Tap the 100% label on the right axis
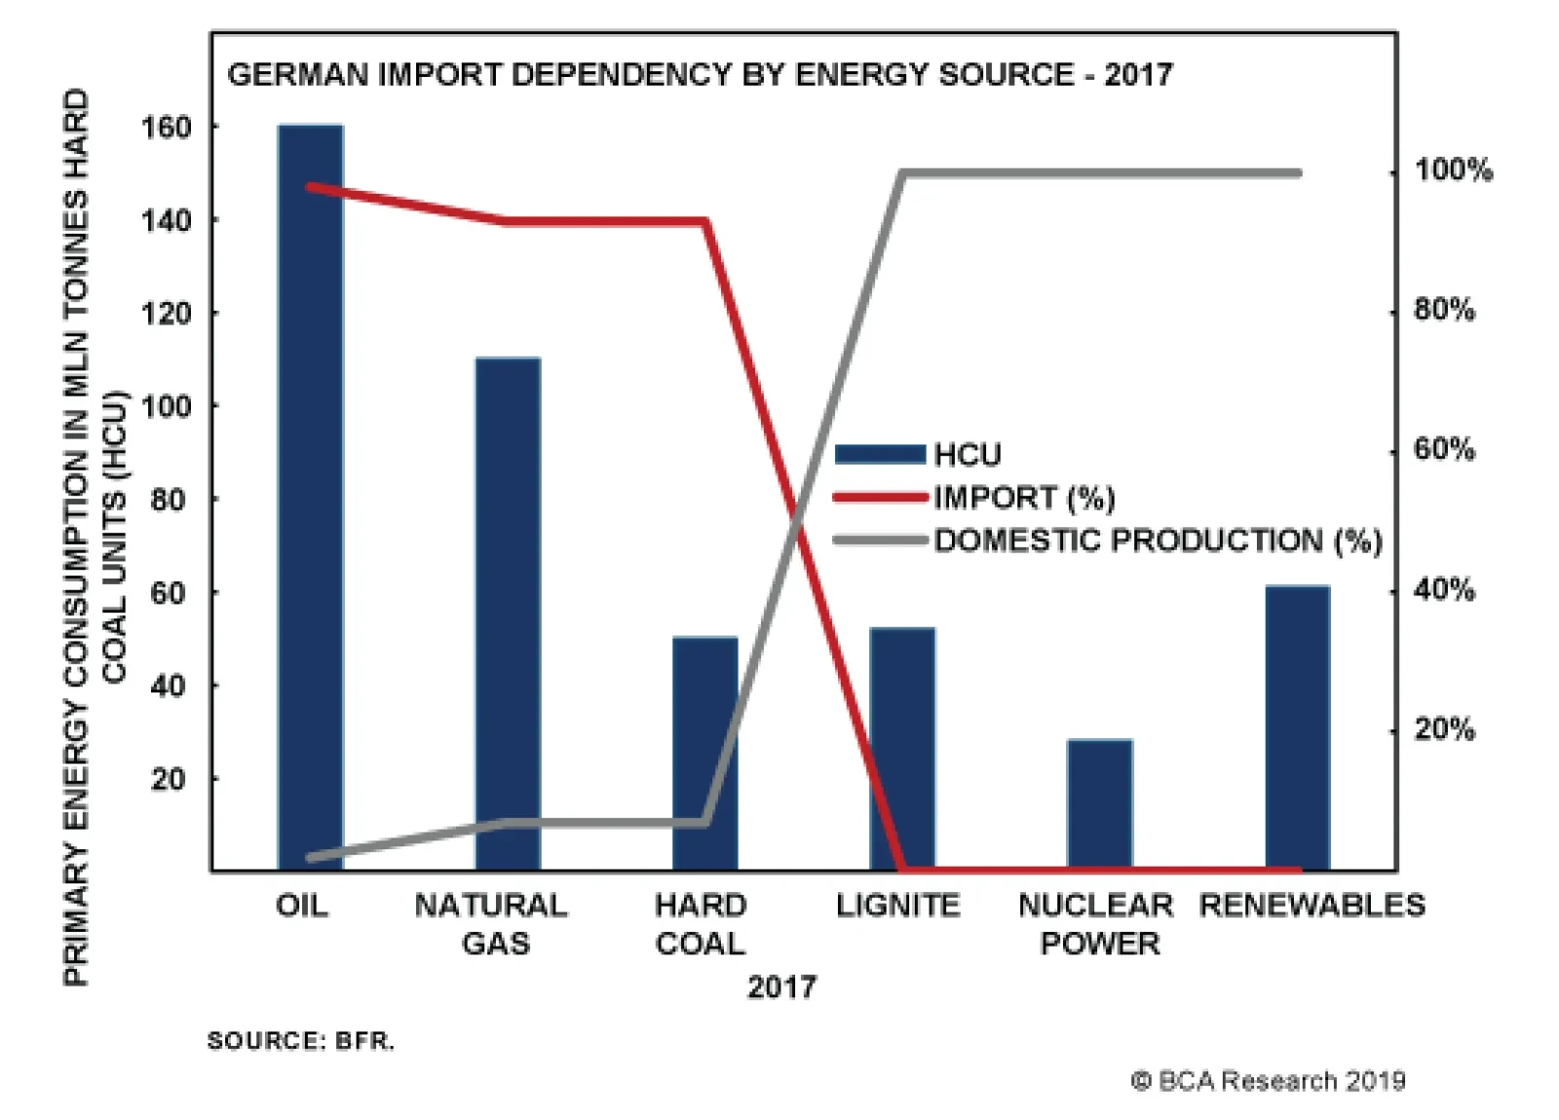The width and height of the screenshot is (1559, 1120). coord(1453,170)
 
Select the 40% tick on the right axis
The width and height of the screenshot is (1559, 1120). coord(1444,590)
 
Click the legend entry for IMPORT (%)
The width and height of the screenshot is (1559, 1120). coord(1023,499)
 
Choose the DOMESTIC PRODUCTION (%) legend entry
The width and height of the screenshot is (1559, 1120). coord(1158,541)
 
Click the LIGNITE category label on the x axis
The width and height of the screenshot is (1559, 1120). coord(897,906)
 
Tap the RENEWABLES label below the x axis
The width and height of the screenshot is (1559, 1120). coord(1312,906)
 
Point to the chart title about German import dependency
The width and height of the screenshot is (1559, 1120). coord(700,75)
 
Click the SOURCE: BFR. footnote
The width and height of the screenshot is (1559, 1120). coord(301,1041)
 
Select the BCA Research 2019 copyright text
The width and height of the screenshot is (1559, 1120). coord(1268,1081)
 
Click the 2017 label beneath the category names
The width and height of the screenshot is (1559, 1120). coord(781,988)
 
